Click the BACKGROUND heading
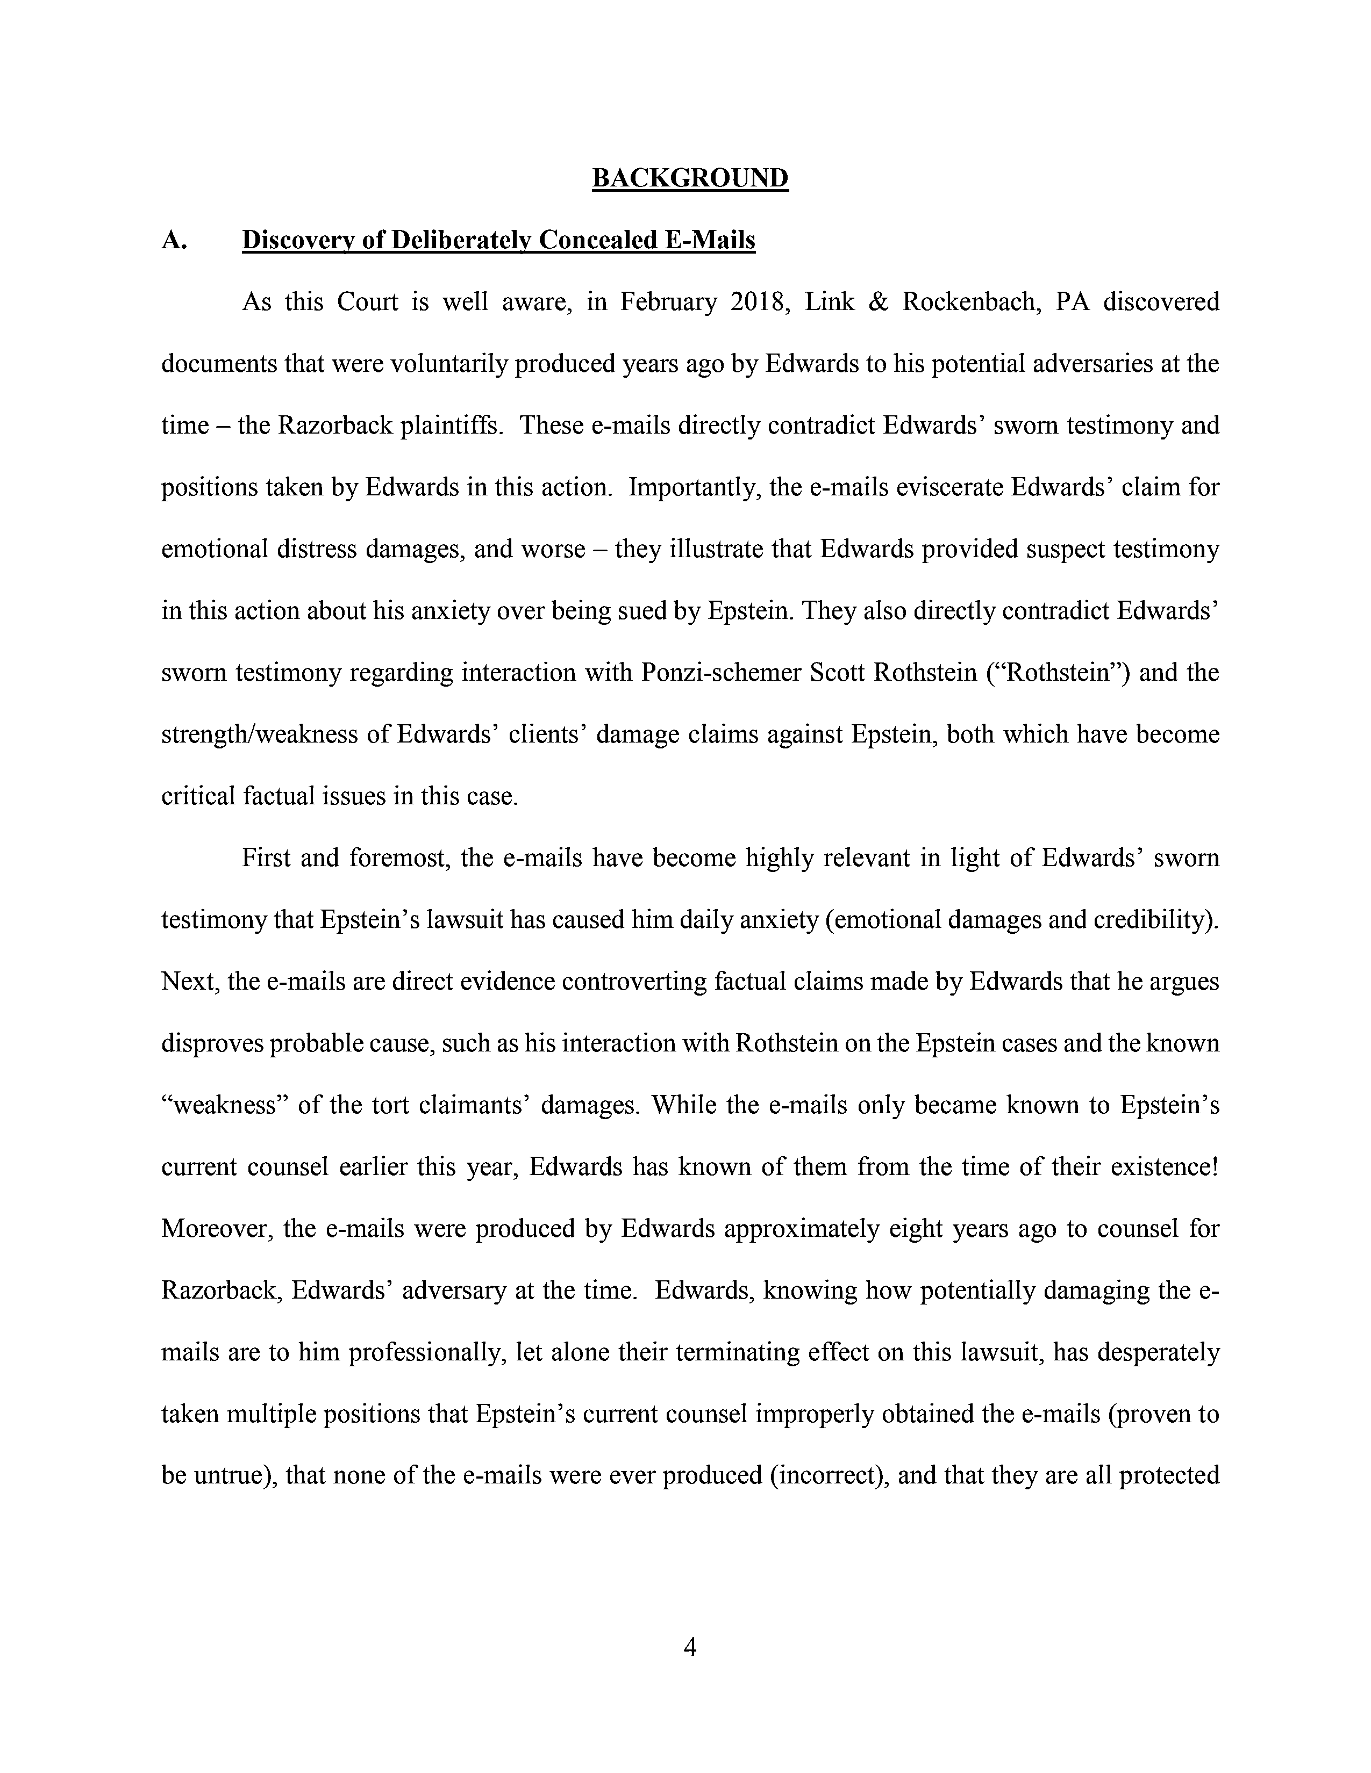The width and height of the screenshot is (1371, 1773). click(690, 178)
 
